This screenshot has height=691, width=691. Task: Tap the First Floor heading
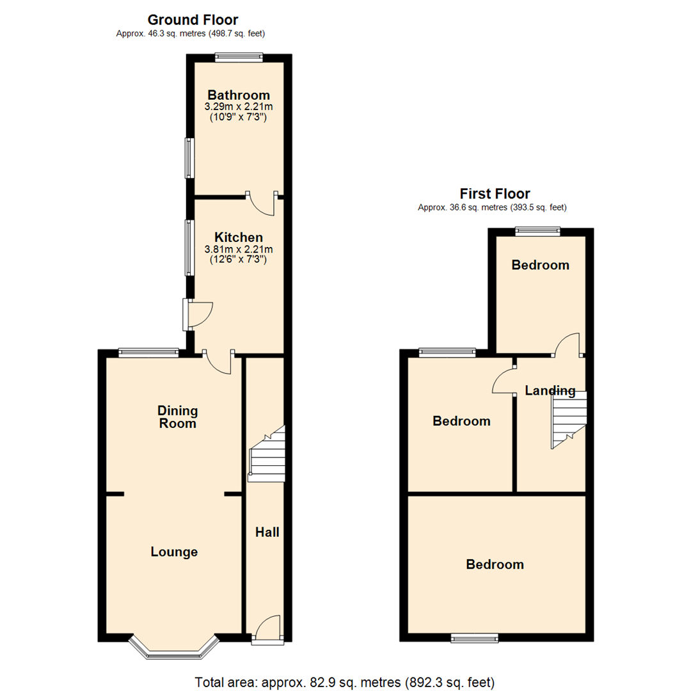(x=495, y=193)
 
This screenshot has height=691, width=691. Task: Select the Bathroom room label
(x=239, y=95)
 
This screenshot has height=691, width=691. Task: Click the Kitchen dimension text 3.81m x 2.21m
(x=238, y=249)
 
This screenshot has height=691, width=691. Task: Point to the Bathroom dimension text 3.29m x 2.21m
(x=239, y=107)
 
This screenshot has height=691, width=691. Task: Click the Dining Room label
(x=178, y=417)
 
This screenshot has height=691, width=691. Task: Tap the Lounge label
(x=174, y=552)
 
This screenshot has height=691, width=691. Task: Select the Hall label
(x=267, y=532)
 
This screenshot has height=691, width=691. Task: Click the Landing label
(x=550, y=390)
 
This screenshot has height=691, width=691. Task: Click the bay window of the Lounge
(x=174, y=647)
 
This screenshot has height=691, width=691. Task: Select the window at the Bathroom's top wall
(x=239, y=58)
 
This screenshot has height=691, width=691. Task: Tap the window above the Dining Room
(x=148, y=351)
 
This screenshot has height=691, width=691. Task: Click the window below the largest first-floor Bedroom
(x=474, y=637)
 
